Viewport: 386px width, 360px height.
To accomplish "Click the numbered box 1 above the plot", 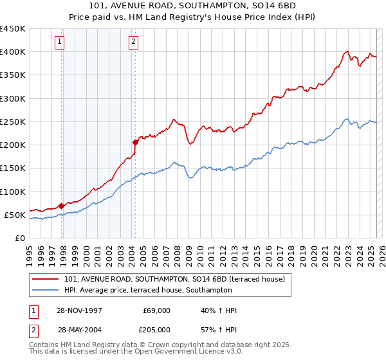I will click(59, 42).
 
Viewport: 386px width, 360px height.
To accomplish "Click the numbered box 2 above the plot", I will click(133, 42).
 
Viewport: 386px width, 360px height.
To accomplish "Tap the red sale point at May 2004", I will click(135, 142).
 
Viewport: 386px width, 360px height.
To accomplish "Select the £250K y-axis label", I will click(12, 122).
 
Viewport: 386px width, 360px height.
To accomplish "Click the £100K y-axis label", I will click(12, 192).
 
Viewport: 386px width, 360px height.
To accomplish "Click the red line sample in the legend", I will click(46, 280).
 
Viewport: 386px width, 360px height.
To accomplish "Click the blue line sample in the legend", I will click(46, 291).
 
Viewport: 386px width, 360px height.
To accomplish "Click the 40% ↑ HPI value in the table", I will click(219, 310).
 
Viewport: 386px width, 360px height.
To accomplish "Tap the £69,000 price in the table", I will click(157, 310).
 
